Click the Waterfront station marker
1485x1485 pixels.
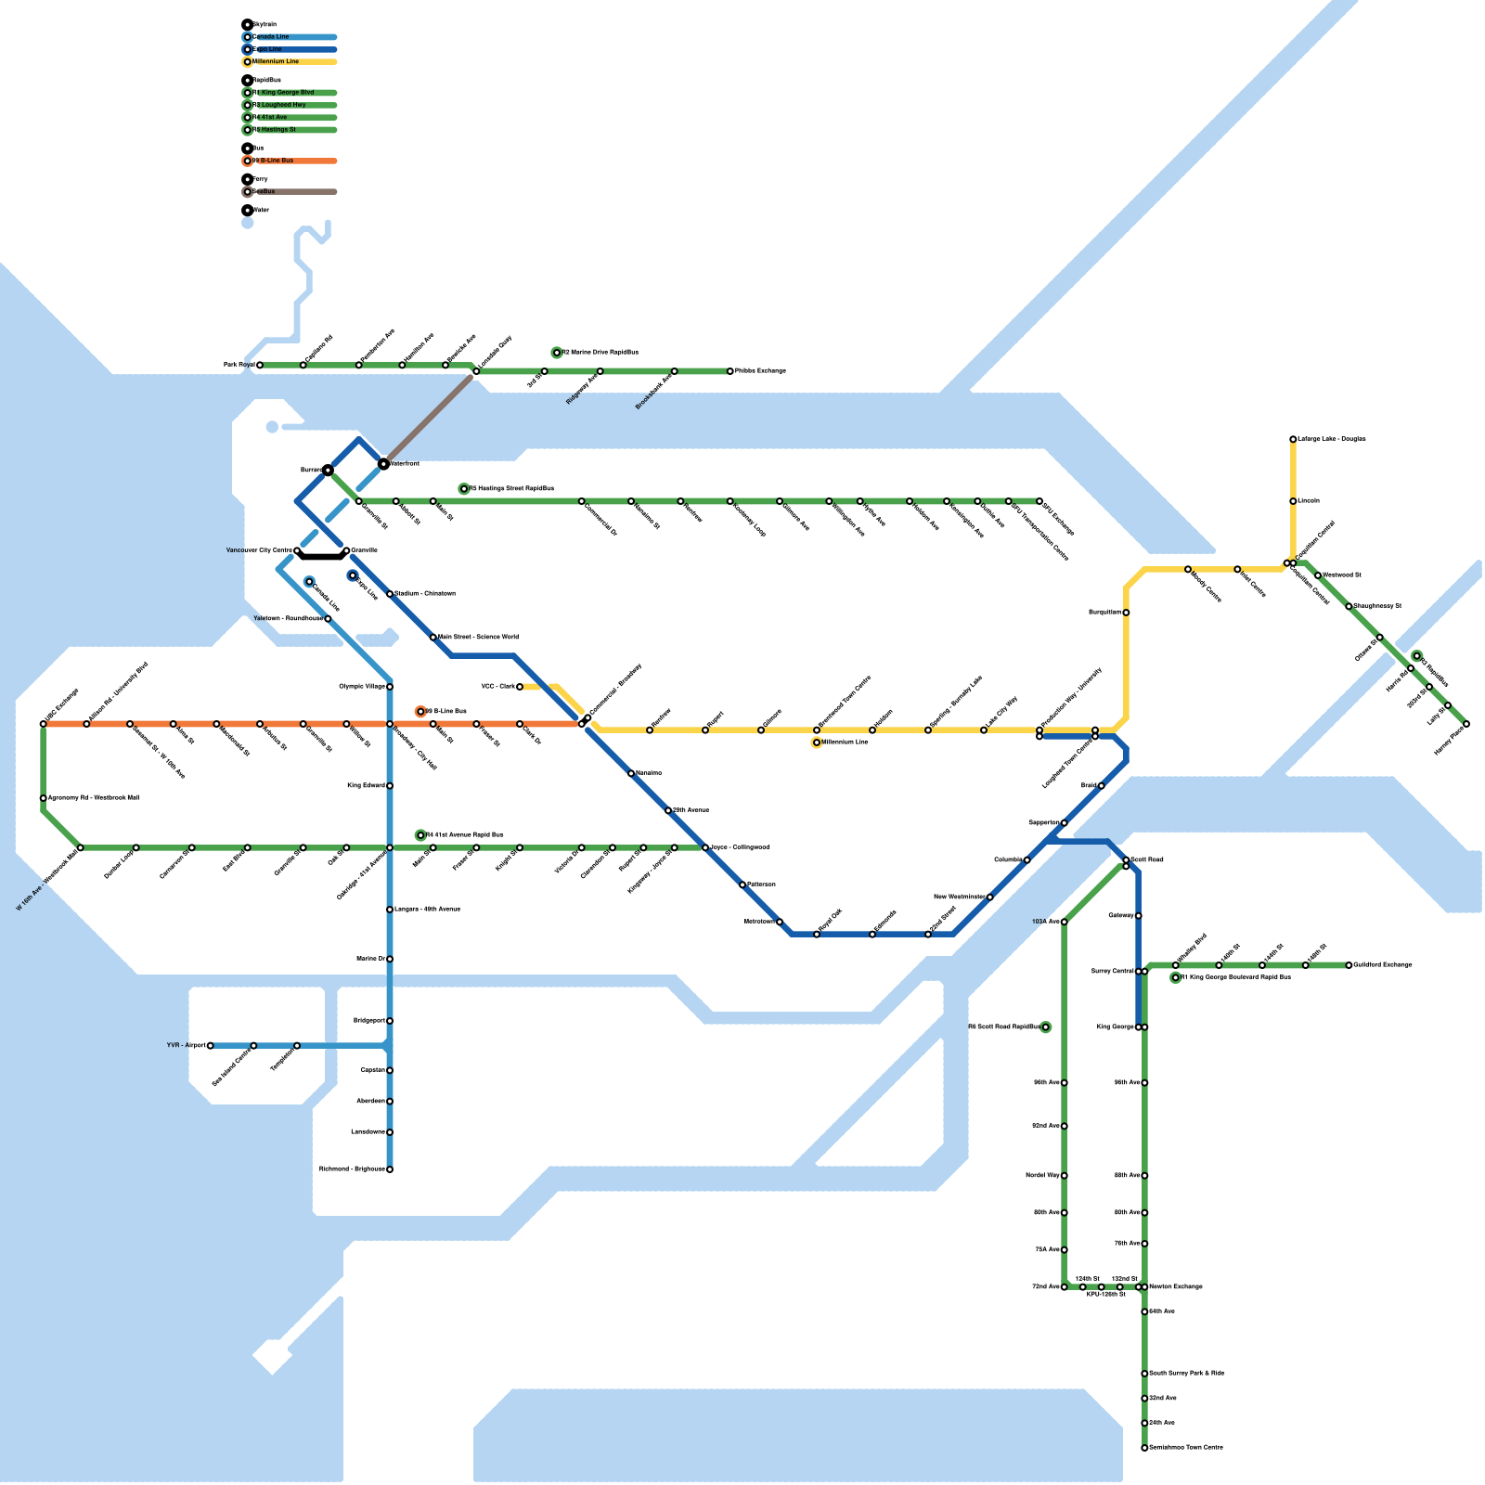383,463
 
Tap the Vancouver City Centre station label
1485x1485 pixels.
259,550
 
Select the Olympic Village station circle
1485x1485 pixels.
390,687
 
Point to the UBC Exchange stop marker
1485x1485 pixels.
44,724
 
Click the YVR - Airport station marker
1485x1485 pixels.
211,1045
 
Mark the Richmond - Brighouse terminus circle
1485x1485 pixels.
390,1169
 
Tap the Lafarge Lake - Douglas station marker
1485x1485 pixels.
1293,439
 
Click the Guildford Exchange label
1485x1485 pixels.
1383,965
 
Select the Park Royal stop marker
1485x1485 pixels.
260,366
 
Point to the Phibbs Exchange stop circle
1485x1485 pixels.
730,371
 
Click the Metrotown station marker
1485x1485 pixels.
780,922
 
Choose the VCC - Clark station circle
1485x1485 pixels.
520,687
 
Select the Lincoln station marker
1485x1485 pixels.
1293,501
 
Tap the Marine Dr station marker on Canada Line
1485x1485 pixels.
390,959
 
